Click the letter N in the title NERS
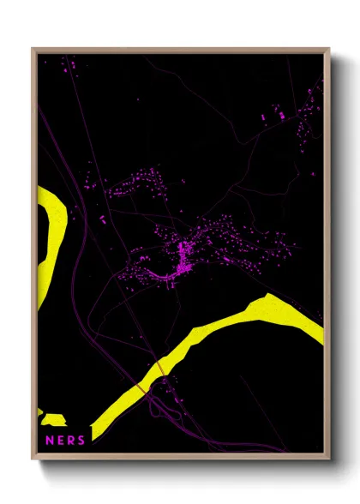[x=49, y=440]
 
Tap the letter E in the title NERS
[x=60, y=440]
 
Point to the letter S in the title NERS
[x=81, y=440]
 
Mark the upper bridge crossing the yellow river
[x=159, y=366]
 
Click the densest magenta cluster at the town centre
[x=183, y=257]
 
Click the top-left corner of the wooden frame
[x=33, y=50]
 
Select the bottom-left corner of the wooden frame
[x=33, y=457]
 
